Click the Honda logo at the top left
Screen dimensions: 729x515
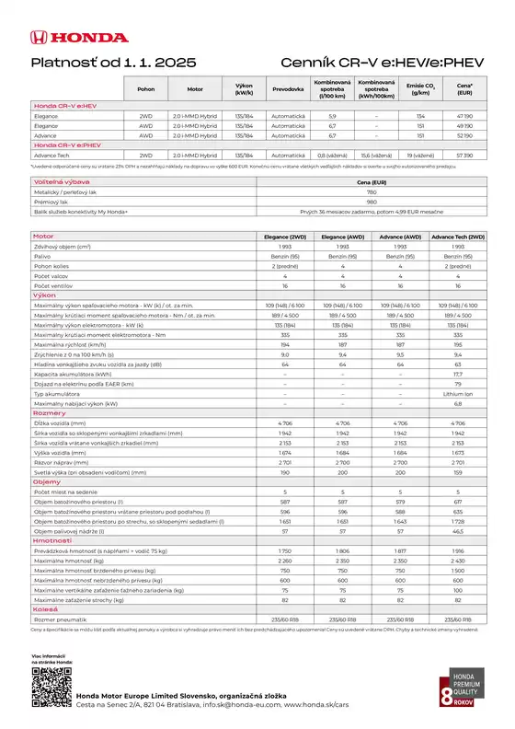tap(77, 38)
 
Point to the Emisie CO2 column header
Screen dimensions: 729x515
tap(420, 89)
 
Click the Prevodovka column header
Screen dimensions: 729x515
tap(288, 89)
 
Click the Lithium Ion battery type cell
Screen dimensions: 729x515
tap(457, 392)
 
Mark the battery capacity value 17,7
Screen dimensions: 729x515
tap(457, 375)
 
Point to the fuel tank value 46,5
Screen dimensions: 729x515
tap(457, 532)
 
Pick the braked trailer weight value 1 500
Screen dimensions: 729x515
tap(457, 570)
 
